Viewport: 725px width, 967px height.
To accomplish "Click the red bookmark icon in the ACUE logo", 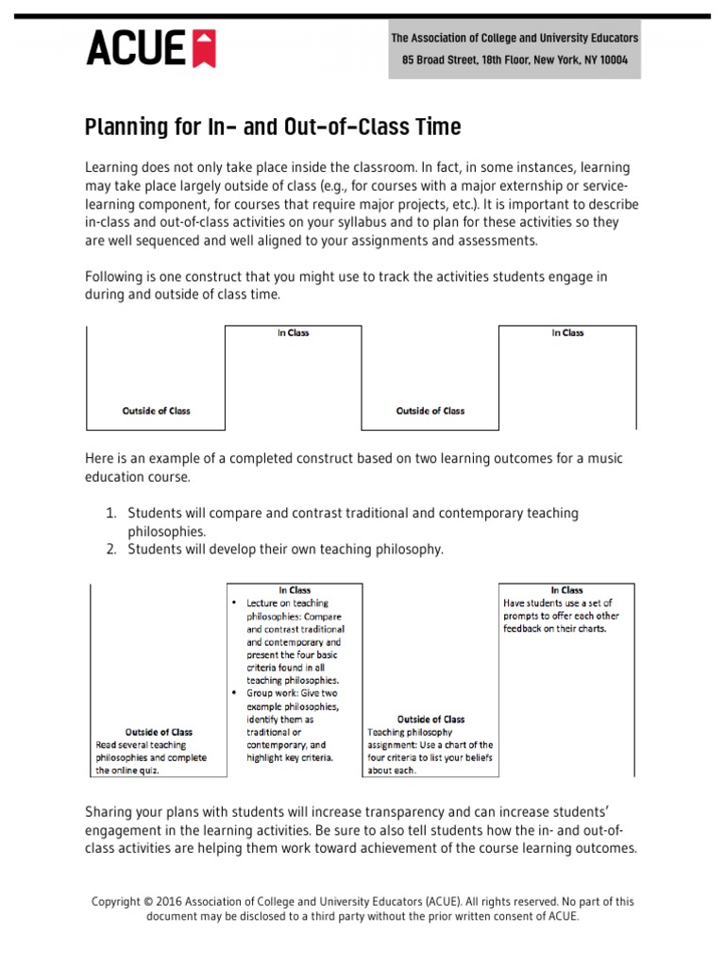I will (205, 48).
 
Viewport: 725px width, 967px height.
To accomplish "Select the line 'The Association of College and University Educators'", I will (514, 39).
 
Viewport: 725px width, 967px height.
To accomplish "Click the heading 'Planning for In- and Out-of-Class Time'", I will (273, 127).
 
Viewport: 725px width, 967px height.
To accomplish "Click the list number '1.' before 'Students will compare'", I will (110, 513).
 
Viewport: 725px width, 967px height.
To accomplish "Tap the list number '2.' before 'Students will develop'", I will (110, 549).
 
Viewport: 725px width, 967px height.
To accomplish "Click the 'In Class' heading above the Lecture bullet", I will (294, 590).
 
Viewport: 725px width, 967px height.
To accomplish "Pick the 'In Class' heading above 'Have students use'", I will (567, 590).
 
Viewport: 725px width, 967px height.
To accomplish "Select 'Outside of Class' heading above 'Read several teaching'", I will (159, 732).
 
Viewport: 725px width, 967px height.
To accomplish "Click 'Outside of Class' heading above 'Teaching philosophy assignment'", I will (430, 720).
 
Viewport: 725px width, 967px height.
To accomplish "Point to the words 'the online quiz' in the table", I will (127, 771).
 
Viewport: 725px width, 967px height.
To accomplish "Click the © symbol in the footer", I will (147, 902).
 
